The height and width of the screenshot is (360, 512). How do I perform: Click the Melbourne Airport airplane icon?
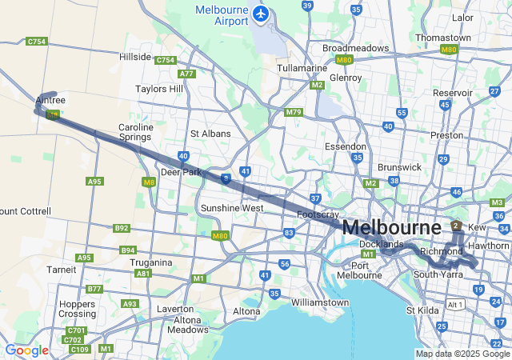[x=260, y=14]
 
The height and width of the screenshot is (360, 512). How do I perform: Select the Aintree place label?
[x=50, y=100]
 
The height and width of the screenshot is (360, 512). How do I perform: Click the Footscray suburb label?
[x=319, y=215]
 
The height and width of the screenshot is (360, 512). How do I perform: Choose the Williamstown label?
[x=319, y=302]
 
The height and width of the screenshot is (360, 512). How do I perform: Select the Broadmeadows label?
[x=355, y=48]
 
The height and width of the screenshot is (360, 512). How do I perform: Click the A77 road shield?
[x=187, y=74]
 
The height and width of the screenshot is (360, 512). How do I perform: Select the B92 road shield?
[x=122, y=228]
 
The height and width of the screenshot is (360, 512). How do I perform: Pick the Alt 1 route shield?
[x=456, y=305]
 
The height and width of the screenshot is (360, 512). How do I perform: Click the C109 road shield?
[x=79, y=349]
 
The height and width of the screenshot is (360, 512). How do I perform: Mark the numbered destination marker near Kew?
[x=455, y=226]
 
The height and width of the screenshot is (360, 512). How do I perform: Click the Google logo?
[x=26, y=350]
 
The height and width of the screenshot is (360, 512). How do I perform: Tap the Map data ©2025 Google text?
[x=462, y=354]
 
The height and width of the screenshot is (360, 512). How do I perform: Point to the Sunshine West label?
[x=232, y=208]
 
